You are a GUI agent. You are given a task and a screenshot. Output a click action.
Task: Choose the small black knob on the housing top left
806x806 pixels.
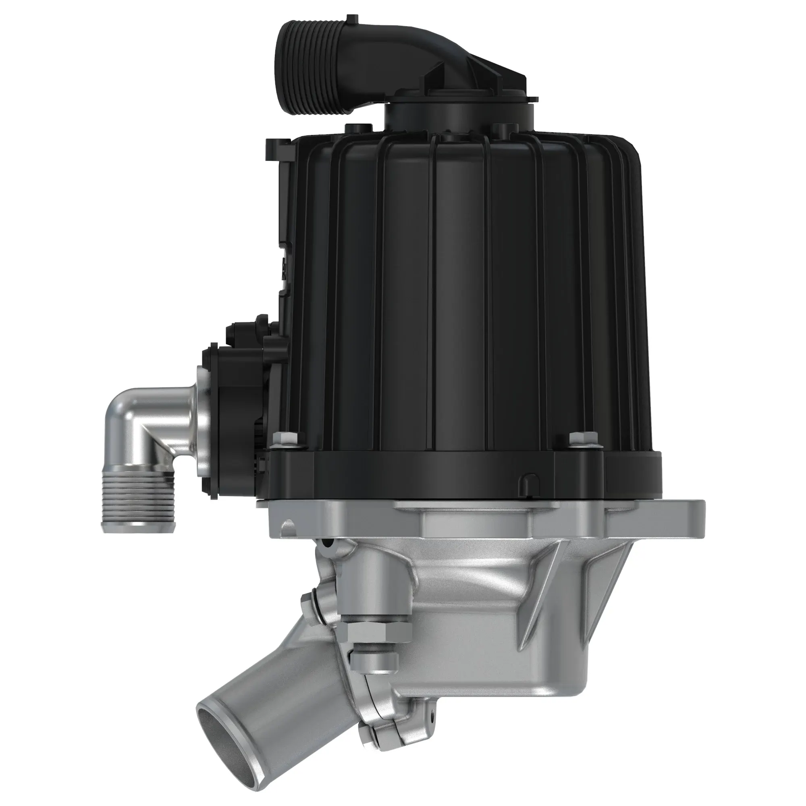click(x=357, y=129)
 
